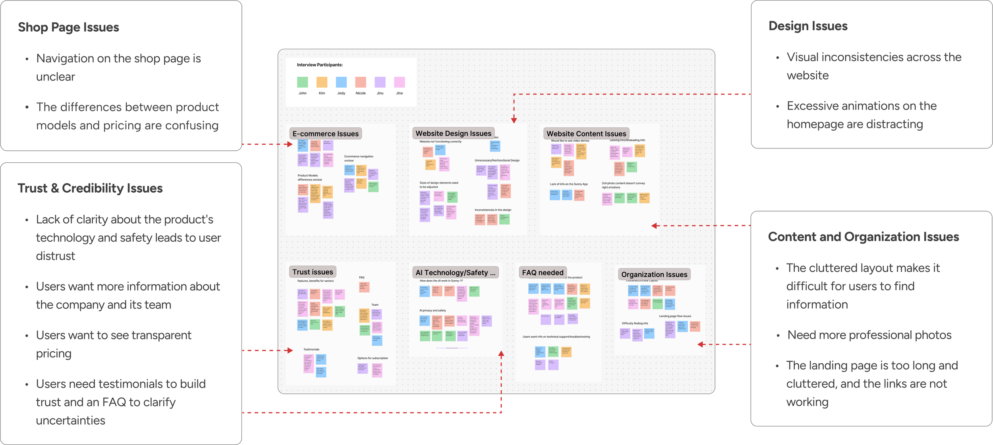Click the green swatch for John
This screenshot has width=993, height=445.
tap(302, 82)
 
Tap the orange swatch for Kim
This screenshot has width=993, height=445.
tap(322, 82)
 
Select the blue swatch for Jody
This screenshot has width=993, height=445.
tap(341, 82)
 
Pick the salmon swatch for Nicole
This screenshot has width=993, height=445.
tap(361, 82)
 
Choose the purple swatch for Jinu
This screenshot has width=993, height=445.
tap(380, 82)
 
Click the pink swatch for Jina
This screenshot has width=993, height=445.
tap(399, 82)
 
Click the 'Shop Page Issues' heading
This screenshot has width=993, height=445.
tap(68, 27)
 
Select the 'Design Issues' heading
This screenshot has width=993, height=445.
tap(808, 26)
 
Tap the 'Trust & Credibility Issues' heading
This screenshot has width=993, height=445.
tap(90, 188)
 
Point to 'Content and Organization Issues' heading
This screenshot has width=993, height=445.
tap(864, 237)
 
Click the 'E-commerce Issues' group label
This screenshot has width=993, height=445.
tap(325, 134)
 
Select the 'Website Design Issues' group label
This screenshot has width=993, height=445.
tap(453, 133)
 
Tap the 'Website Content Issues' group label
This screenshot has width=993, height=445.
tap(586, 134)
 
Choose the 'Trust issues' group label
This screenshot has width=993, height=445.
tap(313, 272)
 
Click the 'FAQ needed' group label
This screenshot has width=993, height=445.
tap(543, 273)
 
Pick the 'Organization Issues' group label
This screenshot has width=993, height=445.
tap(654, 274)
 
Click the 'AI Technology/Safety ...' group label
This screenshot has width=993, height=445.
tap(455, 273)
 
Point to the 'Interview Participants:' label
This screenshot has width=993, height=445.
tap(320, 65)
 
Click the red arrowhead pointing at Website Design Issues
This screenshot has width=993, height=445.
tap(514, 120)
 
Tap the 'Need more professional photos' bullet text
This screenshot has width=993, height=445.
tap(869, 335)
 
